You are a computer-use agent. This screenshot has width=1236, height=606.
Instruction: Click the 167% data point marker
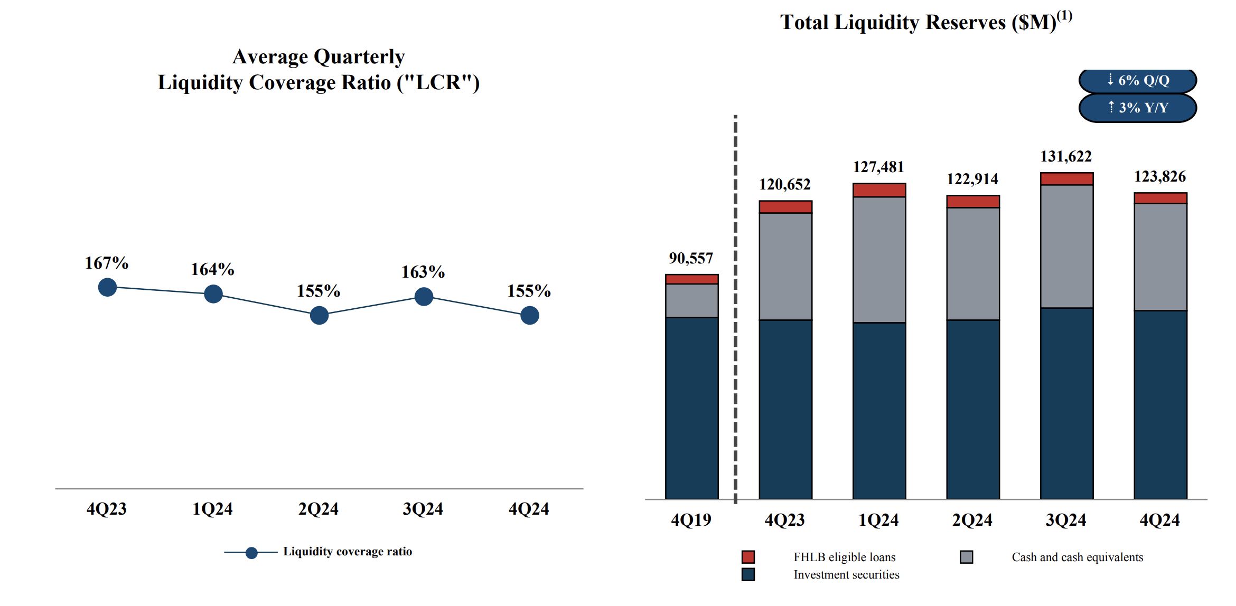click(107, 287)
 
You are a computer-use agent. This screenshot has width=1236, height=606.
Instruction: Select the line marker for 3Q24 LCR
click(424, 297)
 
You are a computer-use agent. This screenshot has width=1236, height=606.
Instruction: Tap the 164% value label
click(212, 269)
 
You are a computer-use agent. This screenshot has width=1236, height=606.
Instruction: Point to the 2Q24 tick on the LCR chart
click(318, 509)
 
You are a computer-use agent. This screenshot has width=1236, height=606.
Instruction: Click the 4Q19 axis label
click(691, 520)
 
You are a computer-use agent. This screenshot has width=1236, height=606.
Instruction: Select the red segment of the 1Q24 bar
click(879, 191)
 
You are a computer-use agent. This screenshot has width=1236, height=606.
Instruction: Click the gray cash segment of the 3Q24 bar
click(1066, 246)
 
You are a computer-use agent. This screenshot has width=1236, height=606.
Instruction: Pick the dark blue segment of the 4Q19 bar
click(691, 408)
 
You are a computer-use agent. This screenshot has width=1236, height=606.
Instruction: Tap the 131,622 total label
click(1066, 156)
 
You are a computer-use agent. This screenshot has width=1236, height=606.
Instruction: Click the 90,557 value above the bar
click(691, 258)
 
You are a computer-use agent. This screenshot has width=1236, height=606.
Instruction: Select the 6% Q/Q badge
click(1137, 80)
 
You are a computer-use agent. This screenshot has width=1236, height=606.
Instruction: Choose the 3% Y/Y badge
click(1137, 108)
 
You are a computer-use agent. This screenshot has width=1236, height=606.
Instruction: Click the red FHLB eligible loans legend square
click(748, 557)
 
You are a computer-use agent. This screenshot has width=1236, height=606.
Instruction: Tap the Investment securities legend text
click(846, 574)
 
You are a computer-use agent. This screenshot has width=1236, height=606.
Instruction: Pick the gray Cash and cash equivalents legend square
click(966, 557)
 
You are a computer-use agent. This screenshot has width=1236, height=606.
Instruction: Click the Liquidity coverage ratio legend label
click(347, 552)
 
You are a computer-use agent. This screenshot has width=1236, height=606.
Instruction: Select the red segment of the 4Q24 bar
click(1160, 198)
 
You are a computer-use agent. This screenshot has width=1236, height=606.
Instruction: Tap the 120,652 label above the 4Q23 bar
click(784, 184)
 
